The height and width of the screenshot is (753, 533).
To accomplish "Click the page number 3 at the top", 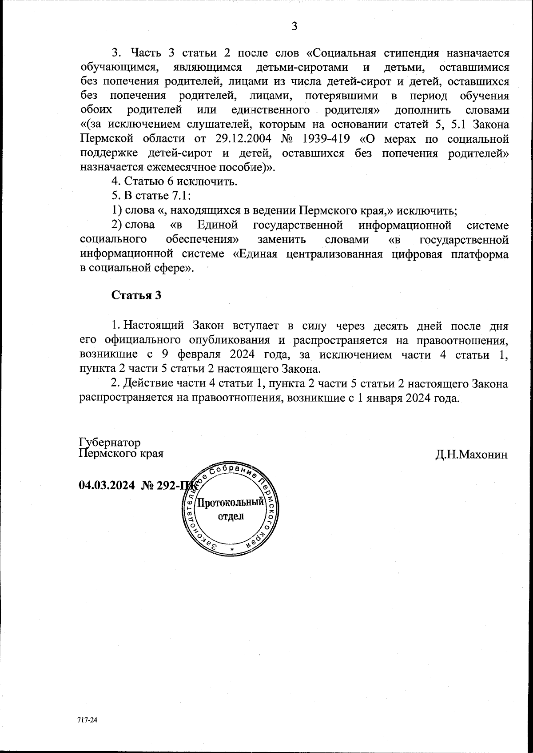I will pyautogui.click(x=294, y=26).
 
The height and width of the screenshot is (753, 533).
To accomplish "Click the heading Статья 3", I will pyautogui.click(x=136, y=296).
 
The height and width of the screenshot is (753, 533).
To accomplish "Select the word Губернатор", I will pyautogui.click(x=110, y=443).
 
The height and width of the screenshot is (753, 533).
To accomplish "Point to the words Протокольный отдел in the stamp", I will pyautogui.click(x=231, y=509).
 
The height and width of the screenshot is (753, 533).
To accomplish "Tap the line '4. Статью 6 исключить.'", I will pyautogui.click(x=174, y=181).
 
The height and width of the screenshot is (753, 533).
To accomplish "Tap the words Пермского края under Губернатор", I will pyautogui.click(x=121, y=454).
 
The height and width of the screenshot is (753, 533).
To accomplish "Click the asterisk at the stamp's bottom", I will pyautogui.click(x=232, y=550).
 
